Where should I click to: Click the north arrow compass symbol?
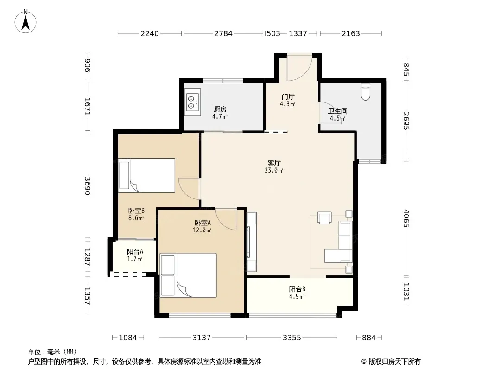tap(25, 21)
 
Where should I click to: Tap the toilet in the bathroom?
tap(366, 92)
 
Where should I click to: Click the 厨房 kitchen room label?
tap(220, 109)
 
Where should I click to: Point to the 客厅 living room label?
tap(274, 163)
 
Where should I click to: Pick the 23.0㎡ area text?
tap(274, 171)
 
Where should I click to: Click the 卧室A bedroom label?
tap(203, 223)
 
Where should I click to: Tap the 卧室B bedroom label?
tap(136, 211)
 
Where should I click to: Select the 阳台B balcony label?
tap(297, 289)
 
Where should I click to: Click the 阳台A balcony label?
tap(135, 251)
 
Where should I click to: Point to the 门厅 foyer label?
tap(288, 96)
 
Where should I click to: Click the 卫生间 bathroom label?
tap(338, 111)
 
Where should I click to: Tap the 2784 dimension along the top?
tap(223, 33)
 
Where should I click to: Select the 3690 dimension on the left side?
tap(87, 186)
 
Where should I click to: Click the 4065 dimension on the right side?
tap(406, 218)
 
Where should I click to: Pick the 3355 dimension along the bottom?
tap(292, 338)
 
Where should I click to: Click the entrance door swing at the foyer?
tap(299, 68)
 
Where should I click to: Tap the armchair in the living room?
tap(324, 218)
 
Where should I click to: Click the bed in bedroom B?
tap(147, 175)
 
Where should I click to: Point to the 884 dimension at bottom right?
tap(368, 338)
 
